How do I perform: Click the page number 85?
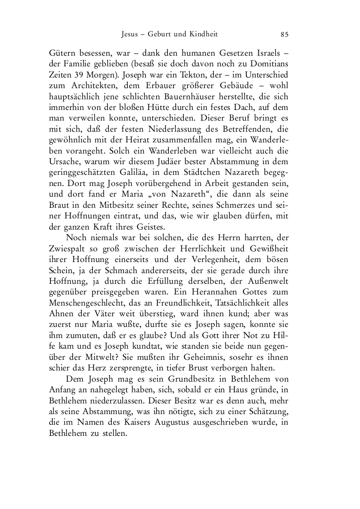(x=285, y=34)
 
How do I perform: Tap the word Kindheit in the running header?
(x=203, y=34)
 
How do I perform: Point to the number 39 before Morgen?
(x=76, y=76)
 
